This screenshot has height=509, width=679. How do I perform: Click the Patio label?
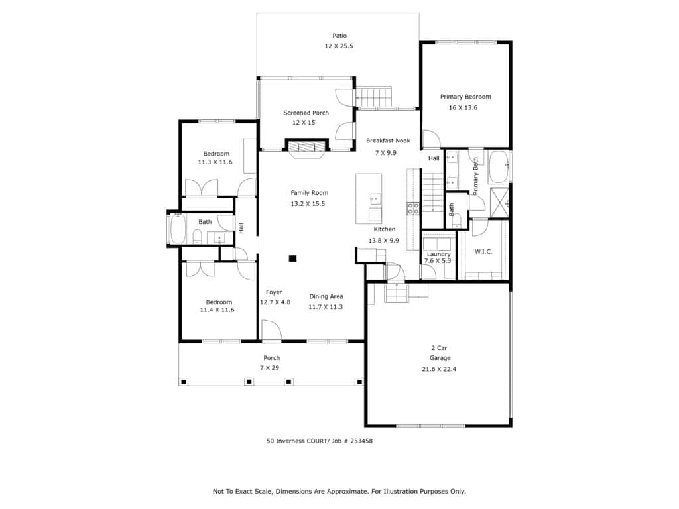coord(339,36)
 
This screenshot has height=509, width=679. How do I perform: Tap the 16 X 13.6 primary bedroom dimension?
coord(463,107)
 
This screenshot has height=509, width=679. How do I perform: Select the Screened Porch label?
coord(306,113)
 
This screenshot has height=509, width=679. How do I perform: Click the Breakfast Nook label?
coord(388,141)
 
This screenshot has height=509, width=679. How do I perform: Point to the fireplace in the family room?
coord(307,148)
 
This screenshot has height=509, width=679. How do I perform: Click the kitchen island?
coord(369,199)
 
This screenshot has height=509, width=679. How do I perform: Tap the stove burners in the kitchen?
coord(412,209)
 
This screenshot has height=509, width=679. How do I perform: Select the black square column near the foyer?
coord(292,258)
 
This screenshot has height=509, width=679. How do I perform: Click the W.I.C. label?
coord(483,251)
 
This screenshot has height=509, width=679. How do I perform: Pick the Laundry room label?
coord(439,254)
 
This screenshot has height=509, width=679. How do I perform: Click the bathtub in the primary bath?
coord(499,166)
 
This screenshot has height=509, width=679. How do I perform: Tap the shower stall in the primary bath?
coord(499,203)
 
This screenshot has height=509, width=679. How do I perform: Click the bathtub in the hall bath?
coord(178,229)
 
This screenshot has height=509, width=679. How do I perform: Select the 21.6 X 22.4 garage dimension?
coord(439,369)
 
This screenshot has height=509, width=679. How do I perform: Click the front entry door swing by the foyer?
coord(271,330)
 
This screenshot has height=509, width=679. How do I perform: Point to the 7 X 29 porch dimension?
coord(269,367)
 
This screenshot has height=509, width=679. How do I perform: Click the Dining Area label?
coord(326,296)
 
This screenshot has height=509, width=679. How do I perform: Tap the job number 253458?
coord(361,441)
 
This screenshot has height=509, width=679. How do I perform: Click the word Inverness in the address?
coord(290,441)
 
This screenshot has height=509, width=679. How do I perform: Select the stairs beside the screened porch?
coord(373,97)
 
